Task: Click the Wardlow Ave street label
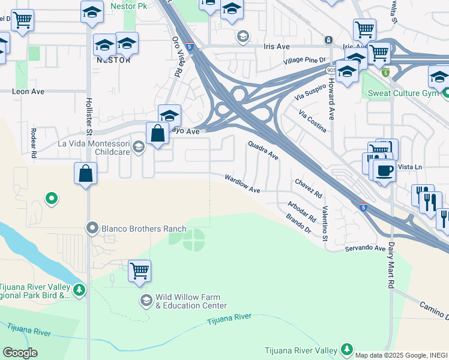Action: coord(243,184)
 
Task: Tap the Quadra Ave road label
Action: coord(264,151)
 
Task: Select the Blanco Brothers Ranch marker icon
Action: coord(92,229)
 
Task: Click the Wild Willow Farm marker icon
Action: coord(146,300)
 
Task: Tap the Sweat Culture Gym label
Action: coord(403,93)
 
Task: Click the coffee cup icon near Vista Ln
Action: coord(384,170)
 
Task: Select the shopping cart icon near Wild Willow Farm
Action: coord(139,271)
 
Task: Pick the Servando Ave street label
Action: coord(364,248)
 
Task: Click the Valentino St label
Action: coord(325,223)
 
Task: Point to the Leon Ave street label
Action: coord(29,92)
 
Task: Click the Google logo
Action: coord(20,353)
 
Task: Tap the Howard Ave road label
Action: coord(331,98)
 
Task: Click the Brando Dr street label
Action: coord(299,223)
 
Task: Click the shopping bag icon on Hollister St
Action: coord(85,173)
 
